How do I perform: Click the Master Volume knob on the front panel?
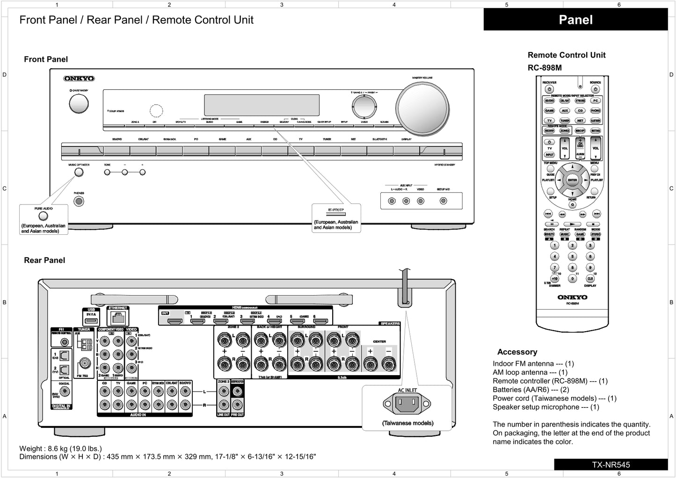(422, 108)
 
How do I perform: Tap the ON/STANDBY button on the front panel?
(79, 104)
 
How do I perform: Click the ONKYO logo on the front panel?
(79, 79)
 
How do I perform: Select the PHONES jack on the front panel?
(79, 202)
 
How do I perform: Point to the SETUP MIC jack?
(443, 201)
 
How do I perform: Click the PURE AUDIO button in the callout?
(43, 216)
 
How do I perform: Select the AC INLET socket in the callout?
(407, 404)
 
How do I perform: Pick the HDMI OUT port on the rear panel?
(175, 321)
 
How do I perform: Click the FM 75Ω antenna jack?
(85, 363)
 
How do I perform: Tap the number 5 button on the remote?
(572, 256)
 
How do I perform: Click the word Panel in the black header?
(575, 20)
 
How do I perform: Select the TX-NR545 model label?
(611, 465)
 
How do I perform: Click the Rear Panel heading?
(44, 261)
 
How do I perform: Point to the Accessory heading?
(517, 352)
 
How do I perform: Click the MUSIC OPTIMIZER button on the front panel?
(79, 172)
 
